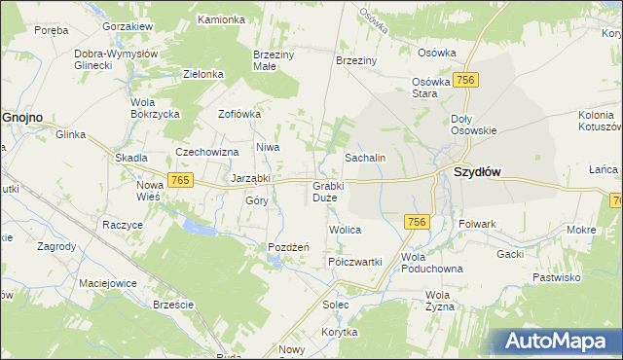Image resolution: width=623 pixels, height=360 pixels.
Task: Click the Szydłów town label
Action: (477, 172)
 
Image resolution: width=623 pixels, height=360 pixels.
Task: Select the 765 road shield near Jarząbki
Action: (179, 180)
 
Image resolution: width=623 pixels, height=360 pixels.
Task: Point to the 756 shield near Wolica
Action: (418, 222)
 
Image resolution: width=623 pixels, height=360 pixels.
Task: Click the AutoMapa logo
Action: (556, 342)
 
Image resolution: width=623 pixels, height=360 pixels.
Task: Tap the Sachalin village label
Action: (366, 158)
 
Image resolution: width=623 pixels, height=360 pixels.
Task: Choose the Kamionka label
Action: (221, 19)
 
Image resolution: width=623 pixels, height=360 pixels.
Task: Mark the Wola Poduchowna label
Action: (427, 263)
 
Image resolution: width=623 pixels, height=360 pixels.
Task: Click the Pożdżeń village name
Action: (288, 247)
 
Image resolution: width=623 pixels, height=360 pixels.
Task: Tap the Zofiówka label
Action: (239, 114)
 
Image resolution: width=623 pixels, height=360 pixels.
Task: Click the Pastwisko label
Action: (557, 277)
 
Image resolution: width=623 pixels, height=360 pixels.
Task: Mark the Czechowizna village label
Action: (207, 152)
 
